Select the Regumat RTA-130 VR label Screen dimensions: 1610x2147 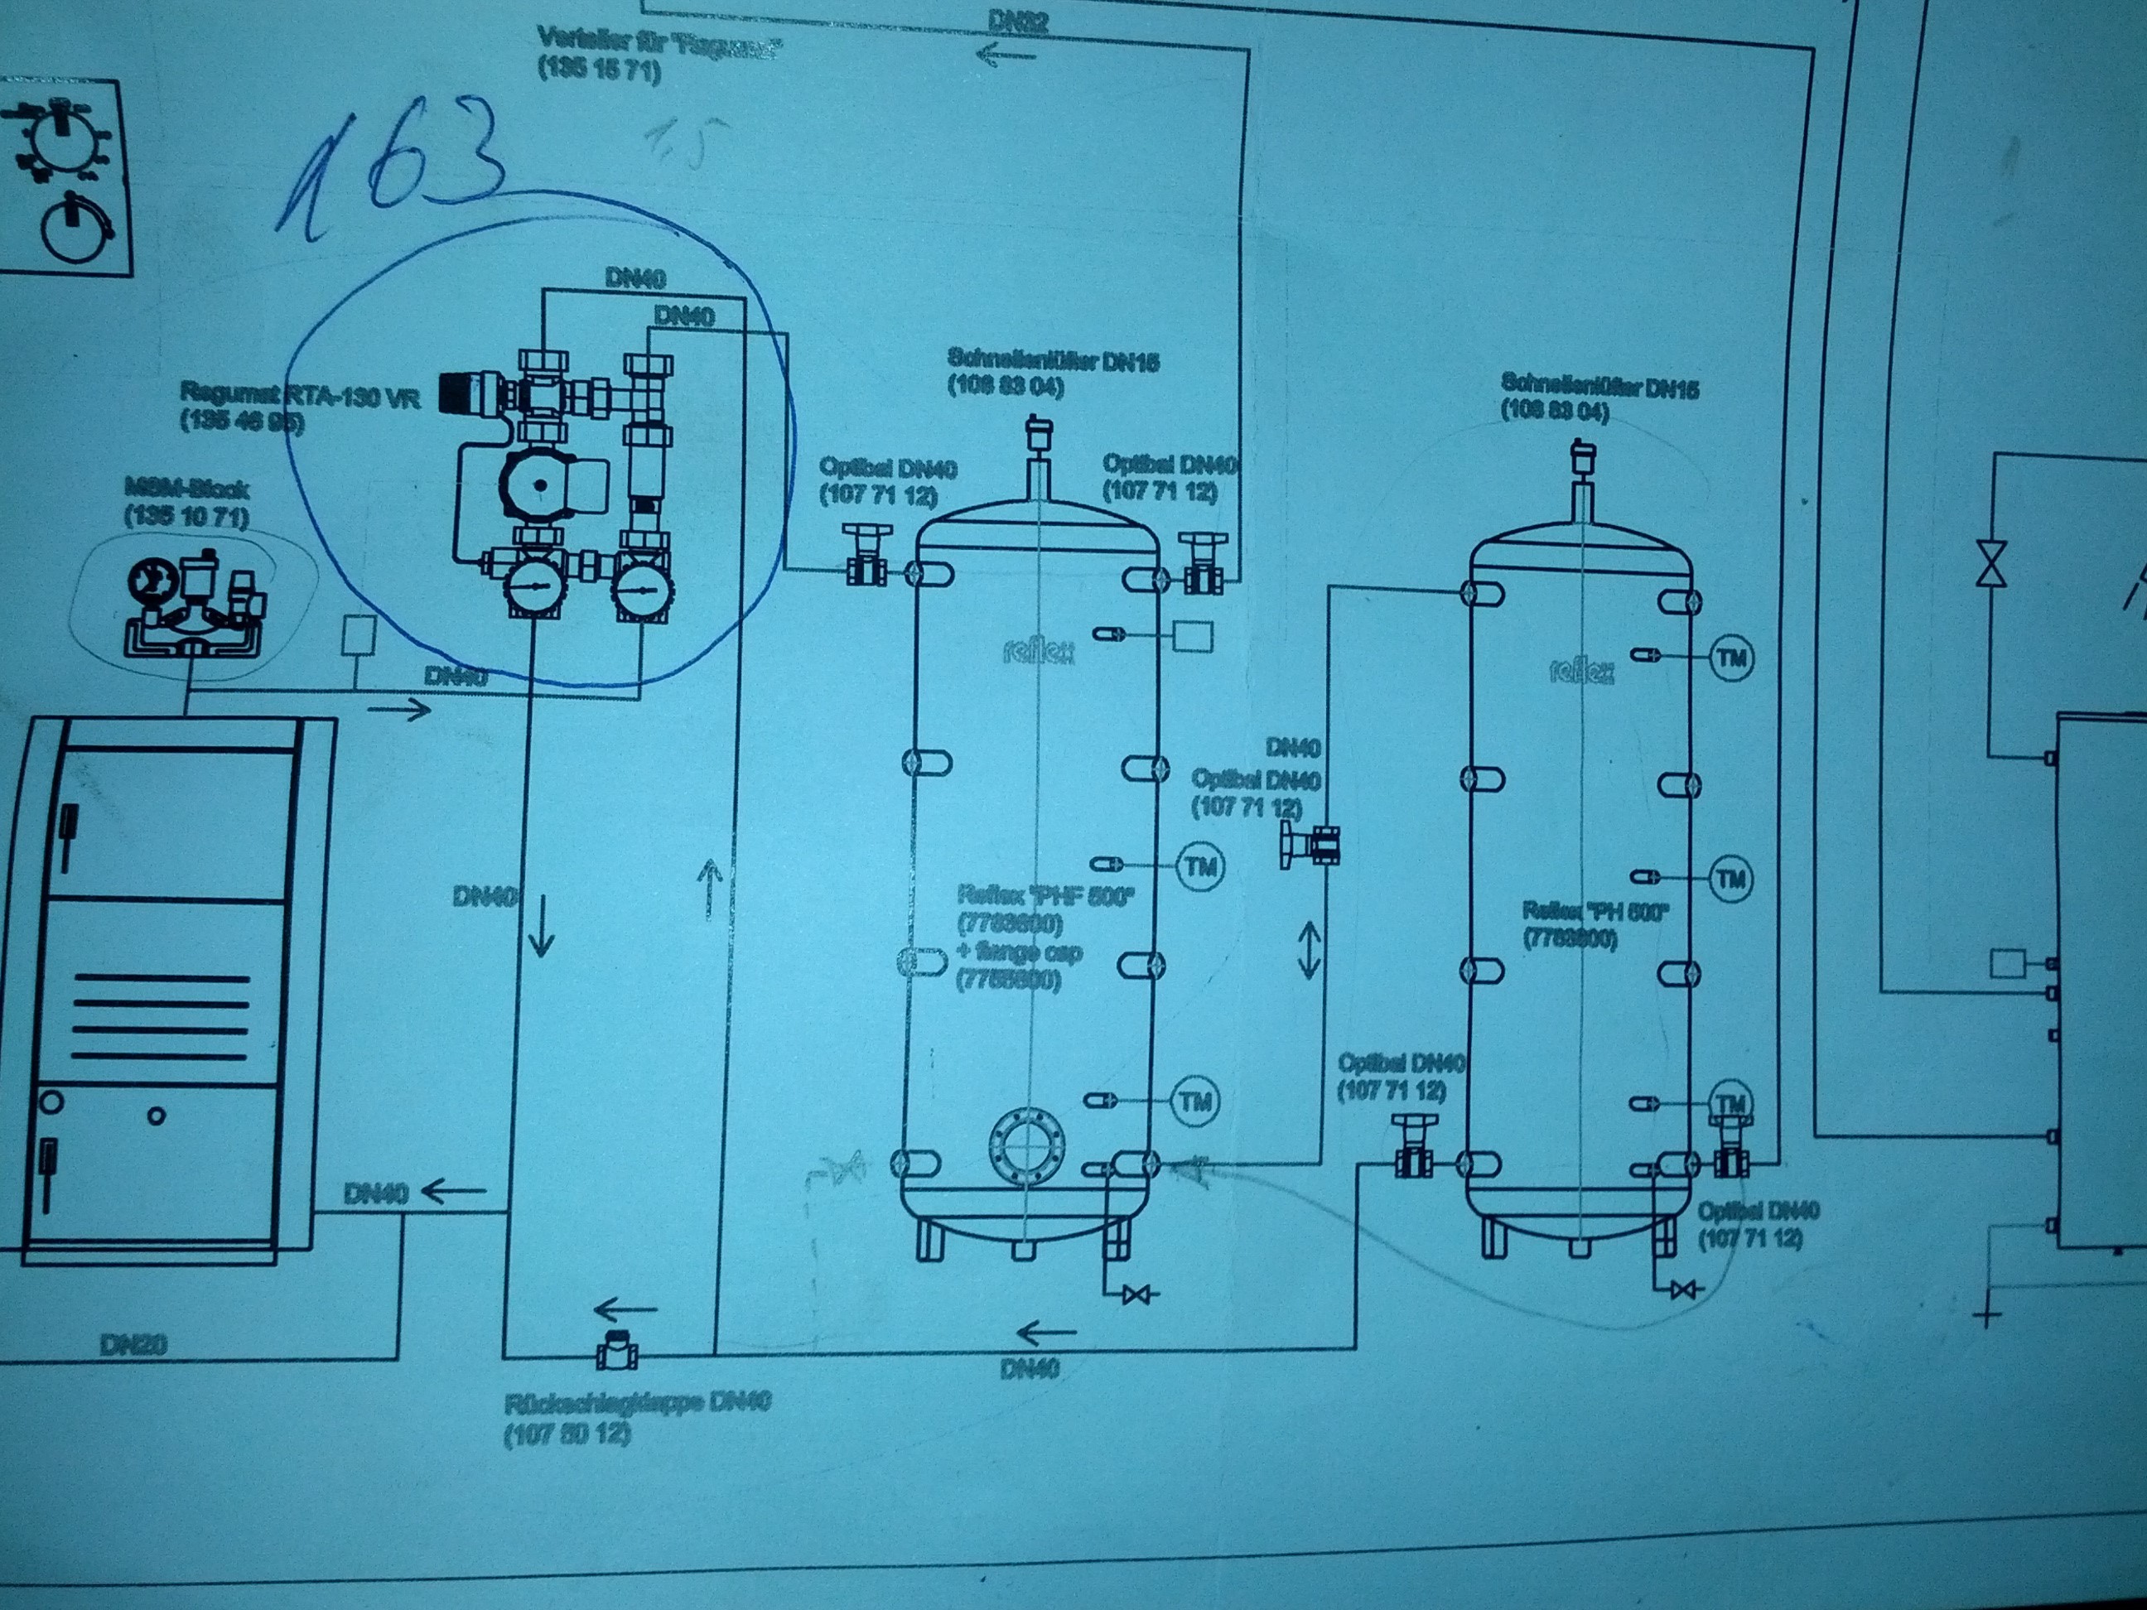[x=300, y=397]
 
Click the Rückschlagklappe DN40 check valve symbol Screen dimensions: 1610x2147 [x=616, y=1352]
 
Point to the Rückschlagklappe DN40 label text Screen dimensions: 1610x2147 [x=638, y=1402]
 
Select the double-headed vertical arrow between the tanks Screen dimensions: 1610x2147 [x=1309, y=949]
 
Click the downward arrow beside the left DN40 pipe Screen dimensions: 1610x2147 [x=541, y=927]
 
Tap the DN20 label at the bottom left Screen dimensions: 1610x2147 [x=133, y=1345]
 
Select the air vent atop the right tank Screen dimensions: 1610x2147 [x=1583, y=456]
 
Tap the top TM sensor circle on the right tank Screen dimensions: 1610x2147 [x=1731, y=659]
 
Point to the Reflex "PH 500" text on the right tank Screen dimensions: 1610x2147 [x=1595, y=911]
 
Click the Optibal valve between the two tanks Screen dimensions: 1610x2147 [x=1317, y=842]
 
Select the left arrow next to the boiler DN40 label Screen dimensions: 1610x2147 [x=452, y=1191]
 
